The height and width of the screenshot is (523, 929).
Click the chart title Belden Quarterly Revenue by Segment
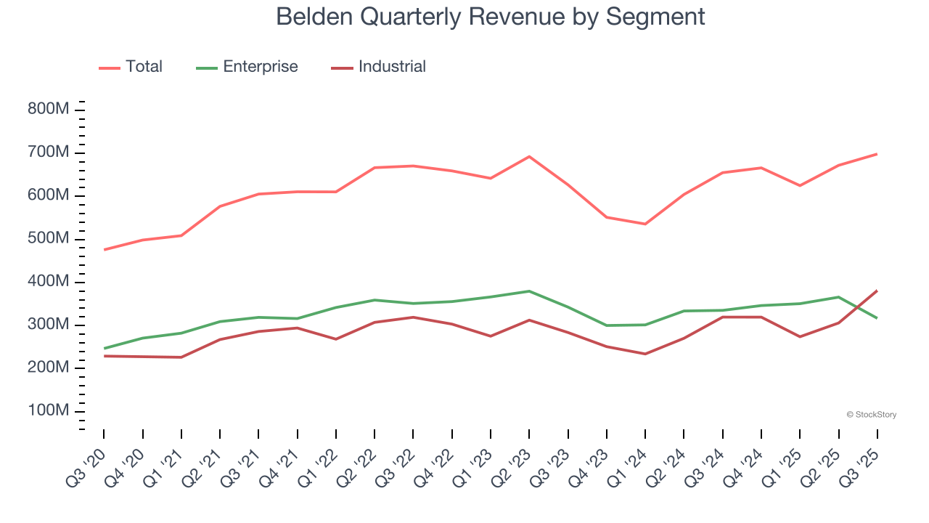pyautogui.click(x=491, y=16)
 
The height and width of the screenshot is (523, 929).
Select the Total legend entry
pyautogui.click(x=143, y=67)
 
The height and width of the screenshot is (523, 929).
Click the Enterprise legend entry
pyautogui.click(x=260, y=67)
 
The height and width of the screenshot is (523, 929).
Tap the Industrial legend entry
pyautogui.click(x=392, y=67)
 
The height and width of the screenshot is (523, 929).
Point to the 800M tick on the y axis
pyautogui.click(x=48, y=110)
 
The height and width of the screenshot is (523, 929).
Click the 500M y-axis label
pyautogui.click(x=48, y=239)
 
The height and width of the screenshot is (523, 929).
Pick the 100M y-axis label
pyautogui.click(x=48, y=411)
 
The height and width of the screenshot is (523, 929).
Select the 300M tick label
pyautogui.click(x=48, y=325)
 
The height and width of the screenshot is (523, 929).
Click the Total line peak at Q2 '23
pyautogui.click(x=529, y=156)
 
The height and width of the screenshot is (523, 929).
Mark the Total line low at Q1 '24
pyautogui.click(x=645, y=224)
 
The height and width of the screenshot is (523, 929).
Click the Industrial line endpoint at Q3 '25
pyautogui.click(x=877, y=291)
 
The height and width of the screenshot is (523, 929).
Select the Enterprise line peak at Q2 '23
pyautogui.click(x=529, y=291)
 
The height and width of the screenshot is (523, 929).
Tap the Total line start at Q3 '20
pyautogui.click(x=104, y=250)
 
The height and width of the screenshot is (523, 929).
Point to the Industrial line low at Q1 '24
pyautogui.click(x=645, y=354)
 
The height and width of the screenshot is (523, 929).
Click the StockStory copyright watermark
pyautogui.click(x=871, y=415)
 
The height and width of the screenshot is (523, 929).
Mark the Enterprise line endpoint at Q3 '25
pyautogui.click(x=877, y=318)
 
